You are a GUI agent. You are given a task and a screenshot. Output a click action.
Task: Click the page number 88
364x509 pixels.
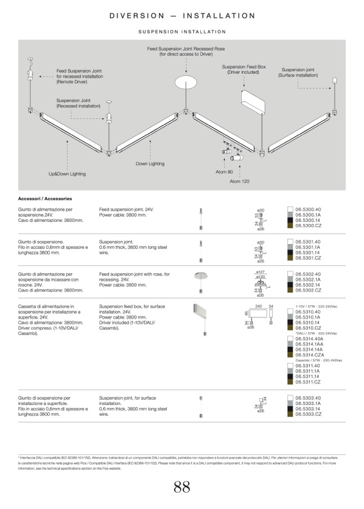pyautogui.click(x=181, y=488)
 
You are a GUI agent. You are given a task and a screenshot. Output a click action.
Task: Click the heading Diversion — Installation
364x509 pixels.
pyautogui.click(x=182, y=16)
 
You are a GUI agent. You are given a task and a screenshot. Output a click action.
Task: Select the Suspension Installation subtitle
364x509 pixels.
pyautogui.click(x=182, y=32)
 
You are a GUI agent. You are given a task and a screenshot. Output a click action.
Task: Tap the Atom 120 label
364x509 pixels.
pyautogui.click(x=239, y=182)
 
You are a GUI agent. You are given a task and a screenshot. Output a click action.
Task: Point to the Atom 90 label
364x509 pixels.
pyautogui.click(x=224, y=172)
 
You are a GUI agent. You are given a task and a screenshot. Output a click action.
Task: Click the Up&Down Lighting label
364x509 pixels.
pyautogui.click(x=67, y=174)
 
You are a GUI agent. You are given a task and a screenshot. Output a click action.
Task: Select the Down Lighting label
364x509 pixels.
pyautogui.click(x=150, y=164)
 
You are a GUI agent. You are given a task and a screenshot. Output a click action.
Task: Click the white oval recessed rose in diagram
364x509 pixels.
pyautogui.click(x=185, y=83)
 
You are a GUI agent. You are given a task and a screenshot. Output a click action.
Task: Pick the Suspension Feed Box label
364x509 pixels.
pyautogui.click(x=243, y=69)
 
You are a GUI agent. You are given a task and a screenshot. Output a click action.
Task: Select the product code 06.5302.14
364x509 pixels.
pyautogui.click(x=308, y=285)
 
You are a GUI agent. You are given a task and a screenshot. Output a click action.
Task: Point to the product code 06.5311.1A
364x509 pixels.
pyautogui.click(x=308, y=371)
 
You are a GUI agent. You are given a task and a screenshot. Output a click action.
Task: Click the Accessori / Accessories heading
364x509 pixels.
pyautogui.click(x=45, y=199)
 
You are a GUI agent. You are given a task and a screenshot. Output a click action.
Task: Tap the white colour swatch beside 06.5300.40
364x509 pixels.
pyautogui.click(x=290, y=209)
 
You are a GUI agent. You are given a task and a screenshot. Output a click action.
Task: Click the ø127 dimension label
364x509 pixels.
pyautogui.click(x=260, y=272)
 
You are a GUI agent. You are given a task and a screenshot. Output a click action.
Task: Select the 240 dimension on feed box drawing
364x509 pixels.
pyautogui.click(x=259, y=306)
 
